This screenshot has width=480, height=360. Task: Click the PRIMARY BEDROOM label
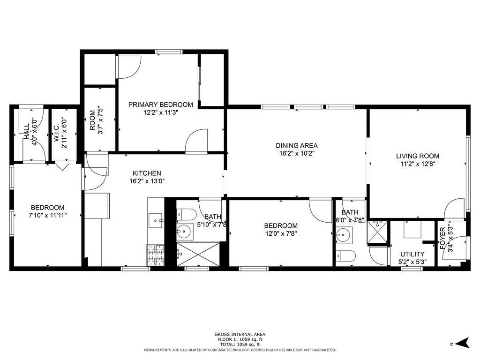pos(160,105)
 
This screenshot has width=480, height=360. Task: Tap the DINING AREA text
pos(297,145)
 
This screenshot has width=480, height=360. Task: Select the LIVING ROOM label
pos(418,156)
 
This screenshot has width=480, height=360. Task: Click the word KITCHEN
pos(147,173)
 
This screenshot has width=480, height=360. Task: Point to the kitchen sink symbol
pos(155,219)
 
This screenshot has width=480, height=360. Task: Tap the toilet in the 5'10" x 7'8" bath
pos(186,215)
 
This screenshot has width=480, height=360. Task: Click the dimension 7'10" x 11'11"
pos(47,215)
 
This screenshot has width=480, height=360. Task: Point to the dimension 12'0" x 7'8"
pos(280,233)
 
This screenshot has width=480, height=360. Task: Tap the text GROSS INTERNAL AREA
pos(240,334)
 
